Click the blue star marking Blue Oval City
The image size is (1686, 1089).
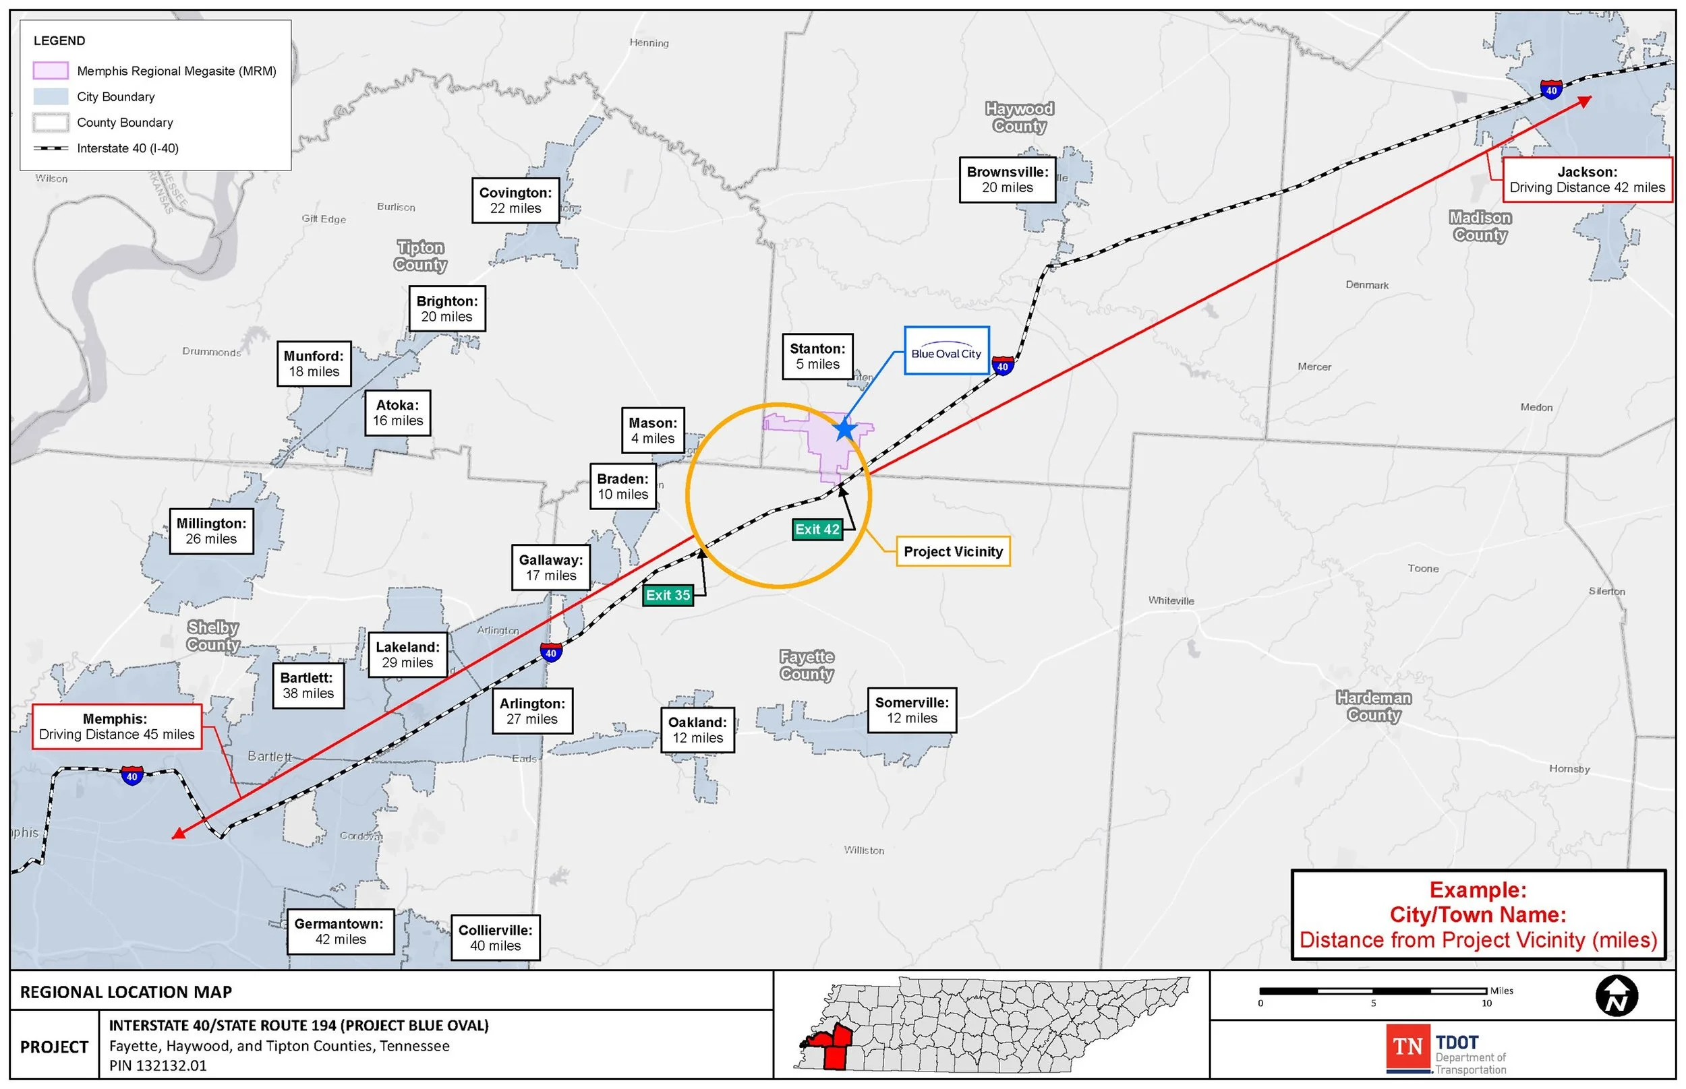point(844,429)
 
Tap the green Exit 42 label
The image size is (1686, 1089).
point(817,530)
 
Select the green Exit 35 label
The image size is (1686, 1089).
point(668,596)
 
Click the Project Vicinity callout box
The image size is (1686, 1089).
point(953,551)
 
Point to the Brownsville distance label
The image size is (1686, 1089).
point(1008,180)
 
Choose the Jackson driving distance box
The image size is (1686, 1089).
point(1587,180)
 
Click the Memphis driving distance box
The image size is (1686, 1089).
point(117,726)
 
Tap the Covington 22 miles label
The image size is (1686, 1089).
point(515,200)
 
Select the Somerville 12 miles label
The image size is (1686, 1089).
point(912,710)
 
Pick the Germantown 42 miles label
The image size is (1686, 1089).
point(340,931)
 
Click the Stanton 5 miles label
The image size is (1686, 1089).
point(817,356)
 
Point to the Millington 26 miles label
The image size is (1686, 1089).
point(212,531)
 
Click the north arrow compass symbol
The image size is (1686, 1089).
point(1617,995)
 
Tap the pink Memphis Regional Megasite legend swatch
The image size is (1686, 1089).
point(51,71)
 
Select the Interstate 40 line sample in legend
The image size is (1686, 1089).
point(51,148)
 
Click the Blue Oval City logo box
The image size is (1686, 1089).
point(946,350)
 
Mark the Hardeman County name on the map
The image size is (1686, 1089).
point(1373,706)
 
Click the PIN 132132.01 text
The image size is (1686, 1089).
point(158,1065)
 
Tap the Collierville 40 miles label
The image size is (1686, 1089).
point(495,937)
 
